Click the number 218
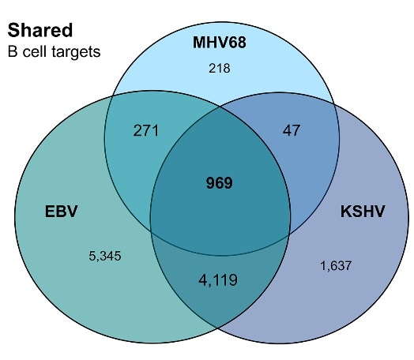(219, 69)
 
